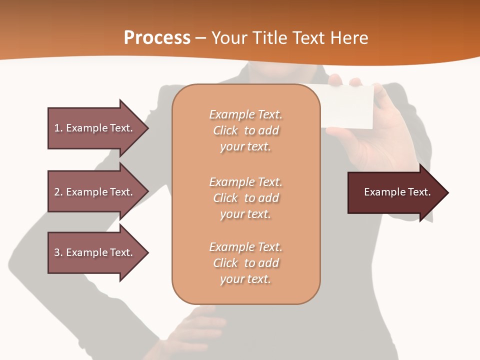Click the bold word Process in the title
click(157, 38)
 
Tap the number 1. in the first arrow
click(58, 128)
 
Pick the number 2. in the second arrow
click(58, 192)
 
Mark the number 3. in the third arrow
click(58, 252)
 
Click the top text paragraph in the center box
click(245, 130)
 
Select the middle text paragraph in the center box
click(245, 198)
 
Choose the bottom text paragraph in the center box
click(245, 263)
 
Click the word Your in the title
click(230, 38)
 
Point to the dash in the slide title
click(200, 38)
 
